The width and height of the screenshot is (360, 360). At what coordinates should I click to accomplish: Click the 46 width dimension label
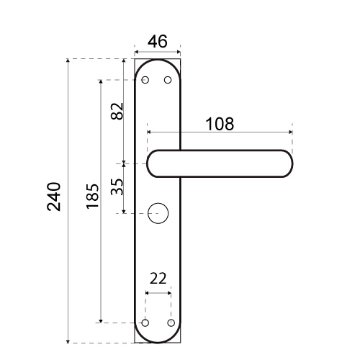pos(158,41)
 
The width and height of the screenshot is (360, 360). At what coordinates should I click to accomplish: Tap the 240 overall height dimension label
pos(54,197)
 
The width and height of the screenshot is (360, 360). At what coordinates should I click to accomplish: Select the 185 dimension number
pos(93,196)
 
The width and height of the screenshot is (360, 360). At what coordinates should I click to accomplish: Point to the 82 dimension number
pos(117,111)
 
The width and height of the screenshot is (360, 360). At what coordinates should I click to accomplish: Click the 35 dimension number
pos(117,186)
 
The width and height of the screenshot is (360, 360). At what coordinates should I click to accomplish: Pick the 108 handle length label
pos(220,124)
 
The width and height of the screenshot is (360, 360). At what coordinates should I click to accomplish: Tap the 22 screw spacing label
pos(158,279)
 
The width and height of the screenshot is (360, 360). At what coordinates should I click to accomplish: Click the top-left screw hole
pos(145,80)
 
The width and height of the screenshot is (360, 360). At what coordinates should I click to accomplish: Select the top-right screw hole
pos(168,80)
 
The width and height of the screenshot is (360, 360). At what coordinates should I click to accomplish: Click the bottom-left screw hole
pos(145,323)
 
